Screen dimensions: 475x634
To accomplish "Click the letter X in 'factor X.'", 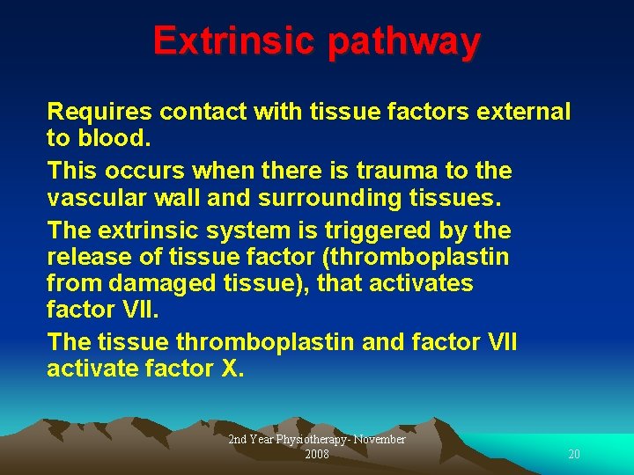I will (232, 369).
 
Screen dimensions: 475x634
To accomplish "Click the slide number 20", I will (574, 454).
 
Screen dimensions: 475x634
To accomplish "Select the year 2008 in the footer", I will (317, 454).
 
